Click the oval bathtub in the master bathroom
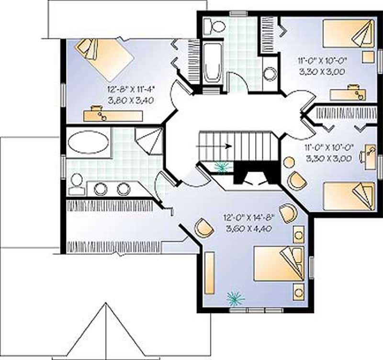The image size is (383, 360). coord(88,142)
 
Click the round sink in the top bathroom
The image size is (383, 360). coord(270,74)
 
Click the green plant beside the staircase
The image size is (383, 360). coord(222,167)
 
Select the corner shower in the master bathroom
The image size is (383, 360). coord(146,139)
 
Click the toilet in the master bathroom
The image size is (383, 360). coord(76,185)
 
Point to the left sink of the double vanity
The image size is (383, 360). coord(101,189)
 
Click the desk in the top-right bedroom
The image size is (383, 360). coord(348,93)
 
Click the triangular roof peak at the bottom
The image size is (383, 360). coord(104,330)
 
